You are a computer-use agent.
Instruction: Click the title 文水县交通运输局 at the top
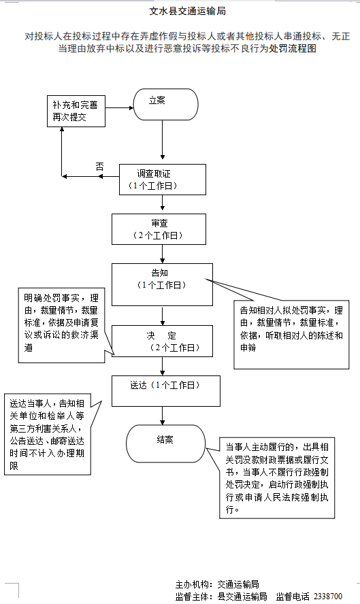click(x=187, y=12)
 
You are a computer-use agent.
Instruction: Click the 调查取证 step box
click(x=161, y=180)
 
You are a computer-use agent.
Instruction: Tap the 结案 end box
click(x=165, y=443)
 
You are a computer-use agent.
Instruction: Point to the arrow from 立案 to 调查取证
click(x=162, y=144)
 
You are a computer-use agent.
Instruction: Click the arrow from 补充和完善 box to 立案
click(x=120, y=107)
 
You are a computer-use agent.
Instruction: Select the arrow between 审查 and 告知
click(x=162, y=254)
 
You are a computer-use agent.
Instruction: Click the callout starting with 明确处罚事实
click(x=60, y=322)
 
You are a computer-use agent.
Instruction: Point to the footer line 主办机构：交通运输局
click(x=217, y=584)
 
